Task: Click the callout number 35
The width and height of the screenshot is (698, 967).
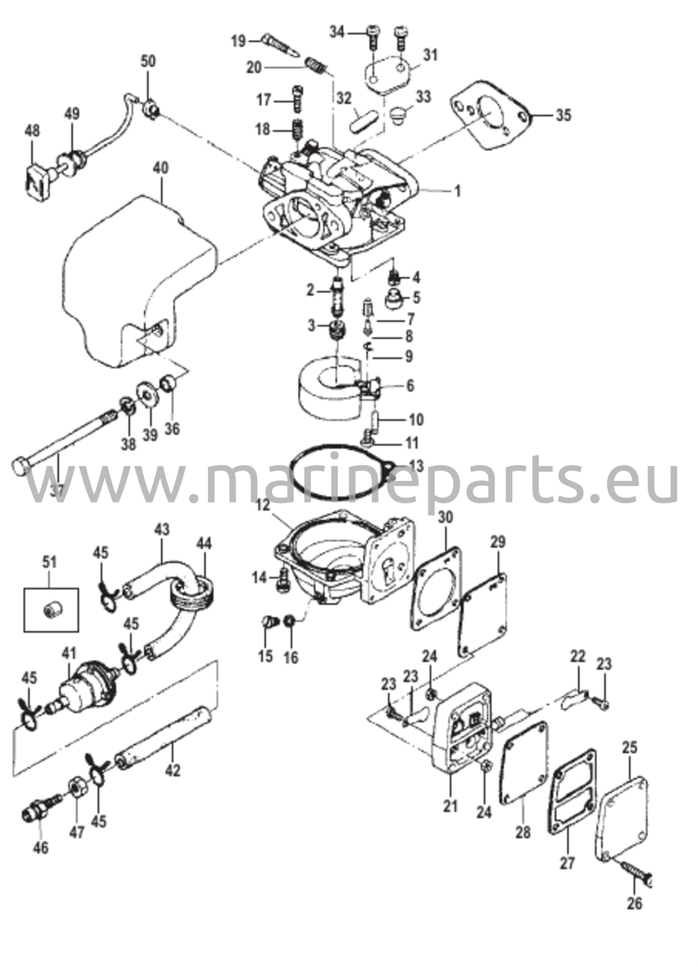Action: point(563,115)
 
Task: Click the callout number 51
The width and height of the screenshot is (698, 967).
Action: point(50,562)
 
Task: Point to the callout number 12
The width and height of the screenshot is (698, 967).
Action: point(263,504)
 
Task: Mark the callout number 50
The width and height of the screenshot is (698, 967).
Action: point(148,61)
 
